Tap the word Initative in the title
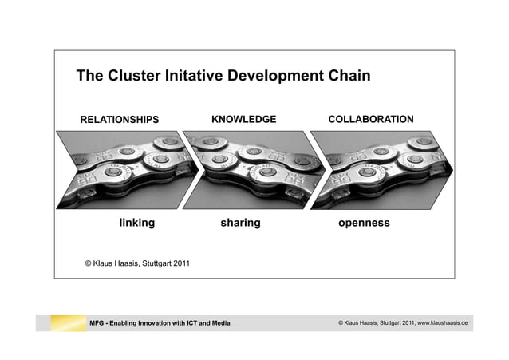(195, 77)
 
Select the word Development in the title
(276, 77)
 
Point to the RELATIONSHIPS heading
(120, 120)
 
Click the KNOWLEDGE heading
(243, 119)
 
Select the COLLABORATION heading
(371, 119)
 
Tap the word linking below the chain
(136, 223)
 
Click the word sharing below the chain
(240, 223)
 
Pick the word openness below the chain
(364, 223)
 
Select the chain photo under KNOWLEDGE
(247, 168)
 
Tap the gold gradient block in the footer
(67, 322)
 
